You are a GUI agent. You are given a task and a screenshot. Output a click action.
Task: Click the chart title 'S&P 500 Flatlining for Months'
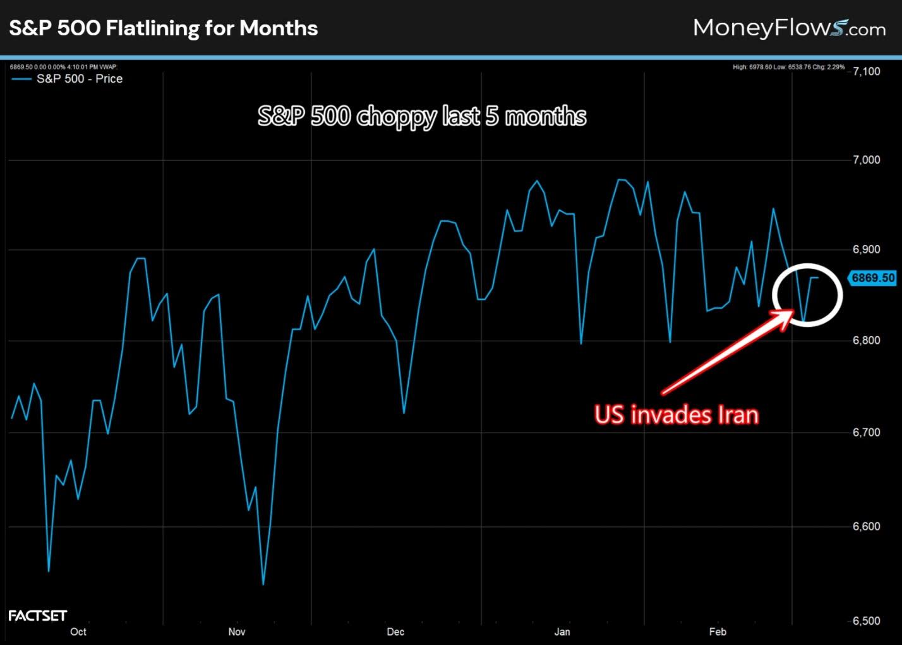click(x=163, y=28)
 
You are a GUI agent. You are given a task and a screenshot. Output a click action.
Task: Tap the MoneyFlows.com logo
click(x=789, y=28)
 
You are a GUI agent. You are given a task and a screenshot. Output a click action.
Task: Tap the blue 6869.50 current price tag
click(x=873, y=278)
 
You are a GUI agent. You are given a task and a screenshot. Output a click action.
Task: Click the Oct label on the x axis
click(x=78, y=632)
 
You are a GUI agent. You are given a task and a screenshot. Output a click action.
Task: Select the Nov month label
click(x=237, y=632)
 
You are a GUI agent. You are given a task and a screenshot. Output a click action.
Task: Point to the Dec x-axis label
click(x=395, y=632)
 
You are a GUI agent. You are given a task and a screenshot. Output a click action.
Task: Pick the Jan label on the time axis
click(x=562, y=632)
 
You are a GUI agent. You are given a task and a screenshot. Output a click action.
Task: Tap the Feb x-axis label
click(x=718, y=632)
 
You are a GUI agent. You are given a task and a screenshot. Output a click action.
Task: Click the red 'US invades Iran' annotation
click(x=676, y=415)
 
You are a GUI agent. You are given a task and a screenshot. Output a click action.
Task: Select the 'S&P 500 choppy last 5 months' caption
click(x=422, y=117)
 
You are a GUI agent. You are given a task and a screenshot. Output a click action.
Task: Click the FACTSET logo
click(x=37, y=615)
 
